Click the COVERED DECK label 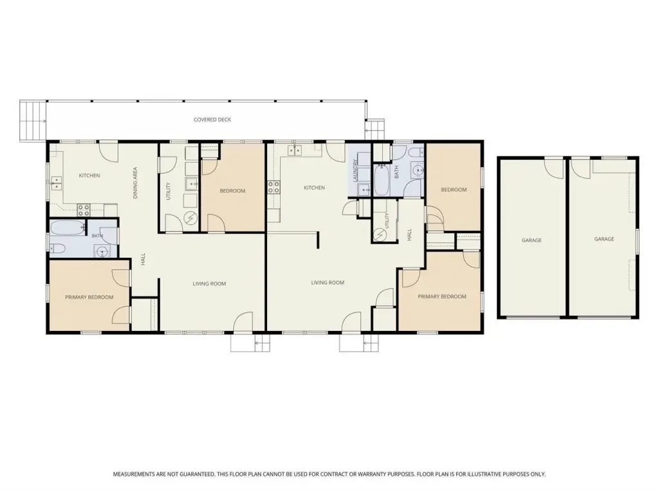(x=212, y=120)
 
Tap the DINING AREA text (x=135, y=183)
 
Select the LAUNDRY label (x=355, y=170)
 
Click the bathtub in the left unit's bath (x=68, y=228)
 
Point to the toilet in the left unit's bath (x=57, y=249)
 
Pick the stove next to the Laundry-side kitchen (x=274, y=187)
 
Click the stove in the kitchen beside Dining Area (x=84, y=210)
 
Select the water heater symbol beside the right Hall (x=380, y=234)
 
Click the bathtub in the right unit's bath (x=382, y=180)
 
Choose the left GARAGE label (x=532, y=240)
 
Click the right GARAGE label (x=604, y=239)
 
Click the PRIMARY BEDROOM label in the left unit (x=89, y=297)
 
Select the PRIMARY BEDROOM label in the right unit (x=441, y=296)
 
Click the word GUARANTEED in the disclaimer (x=196, y=474)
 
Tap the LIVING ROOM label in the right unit (x=328, y=282)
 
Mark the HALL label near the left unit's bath (x=143, y=259)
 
